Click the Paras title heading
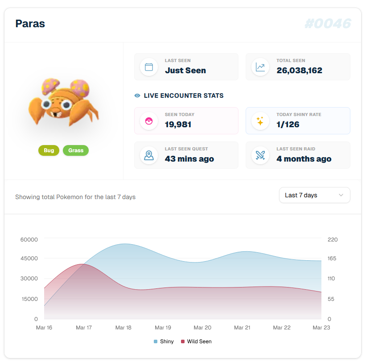point(30,24)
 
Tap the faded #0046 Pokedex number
point(328,24)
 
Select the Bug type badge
point(49,150)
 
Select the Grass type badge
point(76,150)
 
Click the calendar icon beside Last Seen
point(149,67)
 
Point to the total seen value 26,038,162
point(299,71)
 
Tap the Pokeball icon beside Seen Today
point(149,121)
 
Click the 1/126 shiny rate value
point(288,125)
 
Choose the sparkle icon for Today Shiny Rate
point(260,121)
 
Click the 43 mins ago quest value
point(189,159)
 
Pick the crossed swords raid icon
point(260,155)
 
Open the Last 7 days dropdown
point(314,195)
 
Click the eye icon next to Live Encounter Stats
point(137,96)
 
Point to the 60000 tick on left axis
point(29,240)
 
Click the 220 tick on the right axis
point(333,240)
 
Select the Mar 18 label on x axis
point(123,328)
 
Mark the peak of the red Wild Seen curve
point(82,264)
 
